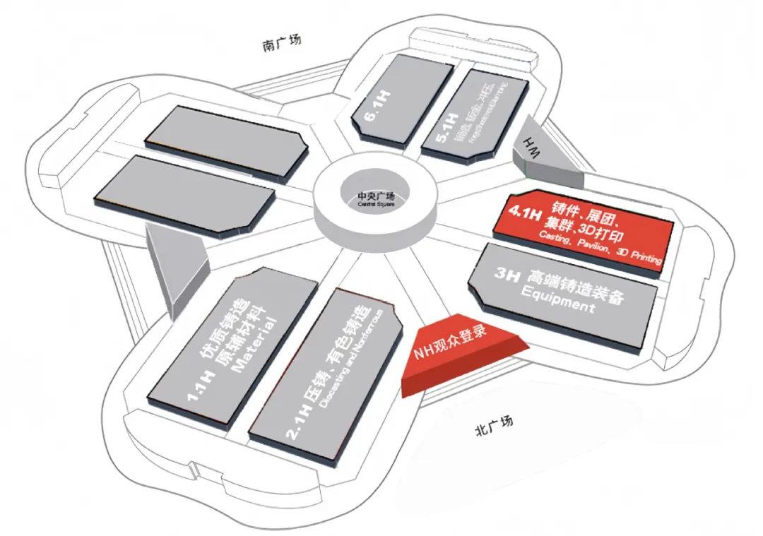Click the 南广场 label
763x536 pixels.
[281, 44]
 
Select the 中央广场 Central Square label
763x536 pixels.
[375, 198]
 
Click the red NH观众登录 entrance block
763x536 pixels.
[463, 347]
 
